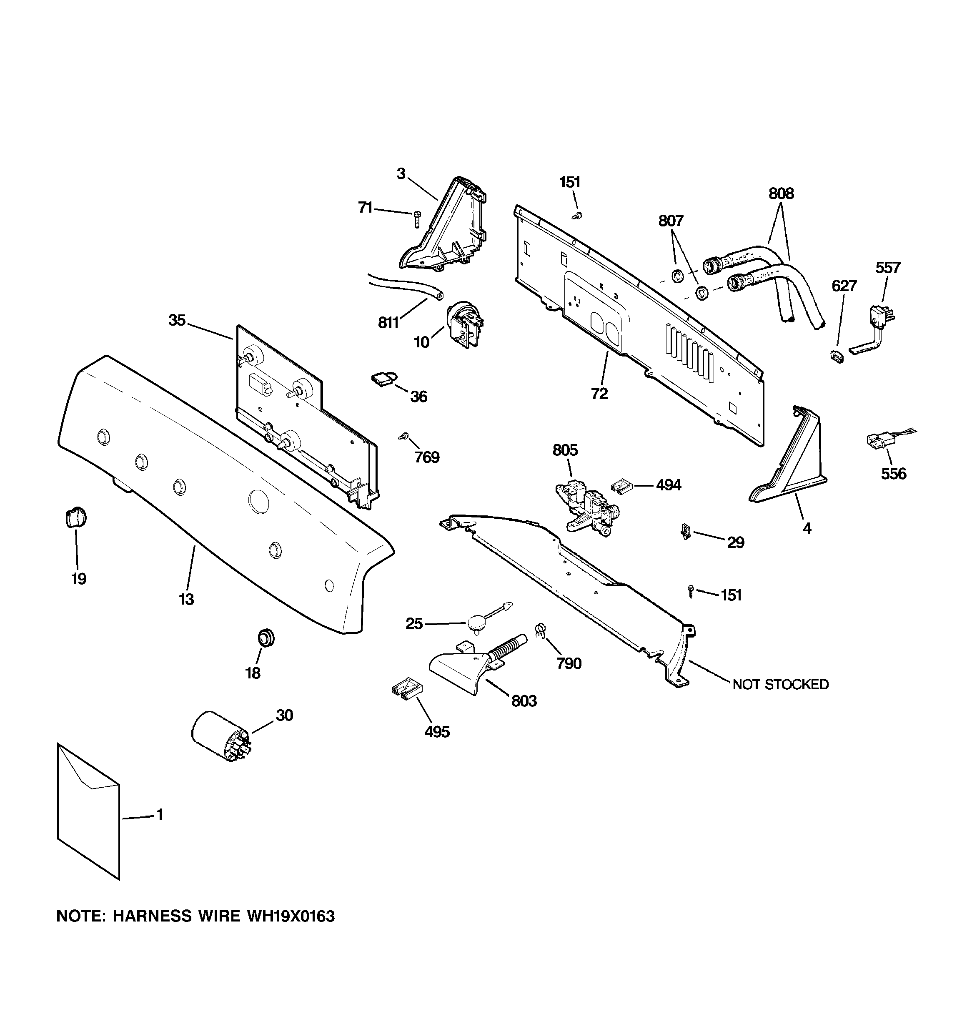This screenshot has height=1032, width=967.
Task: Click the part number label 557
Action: (887, 268)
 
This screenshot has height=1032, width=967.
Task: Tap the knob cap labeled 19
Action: (76, 517)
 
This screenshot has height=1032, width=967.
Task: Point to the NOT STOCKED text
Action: (780, 685)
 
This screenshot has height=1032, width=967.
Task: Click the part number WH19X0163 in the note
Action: (291, 916)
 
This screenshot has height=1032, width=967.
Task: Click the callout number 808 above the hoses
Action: (781, 193)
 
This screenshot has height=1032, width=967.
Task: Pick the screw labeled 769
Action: (402, 437)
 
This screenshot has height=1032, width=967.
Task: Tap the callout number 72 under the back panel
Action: (599, 394)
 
